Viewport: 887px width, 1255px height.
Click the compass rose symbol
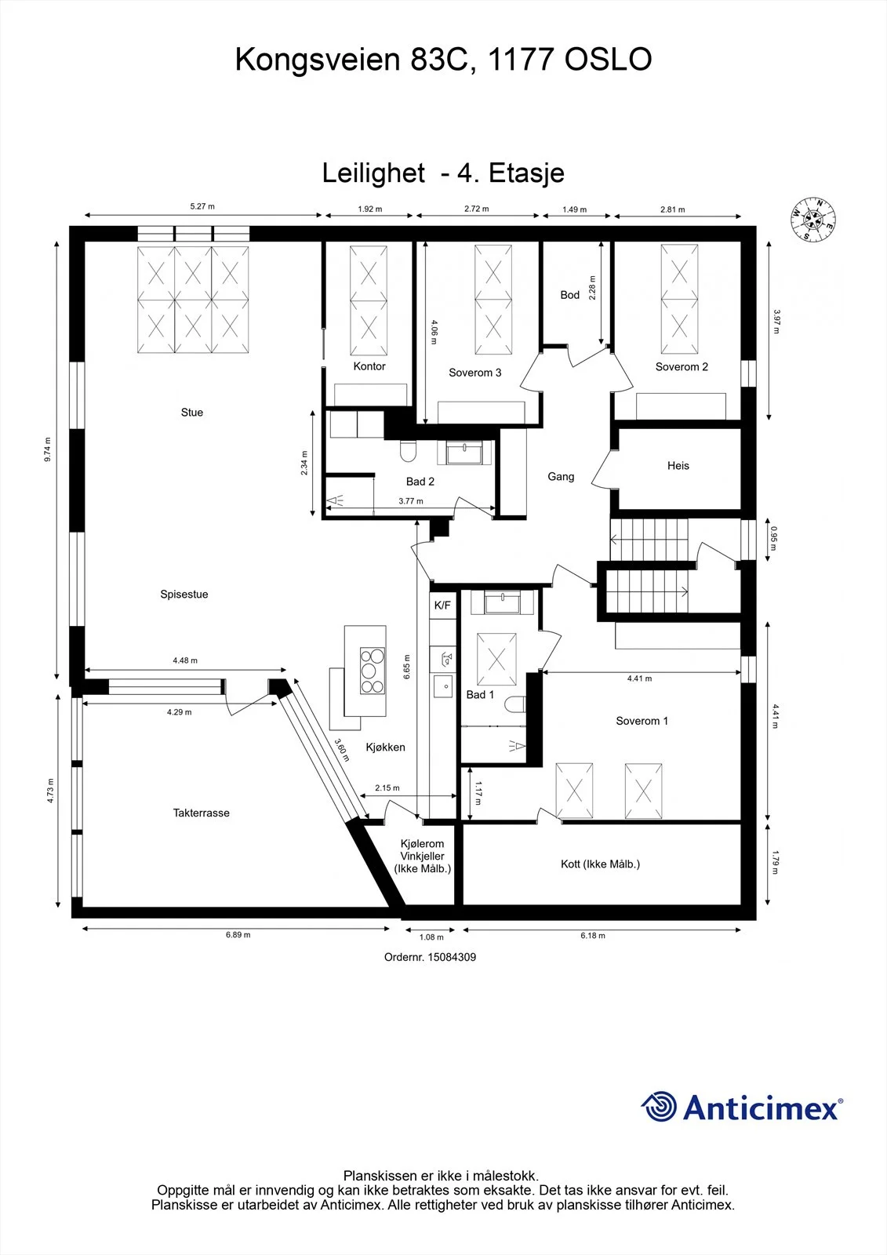[x=813, y=219]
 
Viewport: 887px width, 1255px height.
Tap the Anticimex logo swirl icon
[x=659, y=1107]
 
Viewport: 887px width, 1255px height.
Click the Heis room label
[x=678, y=466]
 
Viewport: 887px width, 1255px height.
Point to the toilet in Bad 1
[x=515, y=704]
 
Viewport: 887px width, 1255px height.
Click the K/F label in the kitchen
[x=442, y=605]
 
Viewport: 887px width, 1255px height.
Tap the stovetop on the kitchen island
[x=373, y=671]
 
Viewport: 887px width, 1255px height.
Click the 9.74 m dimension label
[x=48, y=449]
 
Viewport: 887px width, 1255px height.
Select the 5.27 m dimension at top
[x=202, y=206]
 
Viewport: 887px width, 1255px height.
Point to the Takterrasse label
[x=201, y=813]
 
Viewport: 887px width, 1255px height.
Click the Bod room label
[x=570, y=295]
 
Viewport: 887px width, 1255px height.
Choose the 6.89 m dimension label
[x=238, y=934]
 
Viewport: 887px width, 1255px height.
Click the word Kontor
[x=369, y=366]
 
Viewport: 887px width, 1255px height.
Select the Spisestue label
[x=184, y=594]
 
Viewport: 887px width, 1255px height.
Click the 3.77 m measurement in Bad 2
[x=411, y=501]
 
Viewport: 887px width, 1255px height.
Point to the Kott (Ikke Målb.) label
[x=600, y=864]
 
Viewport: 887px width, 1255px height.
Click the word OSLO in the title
[x=607, y=60]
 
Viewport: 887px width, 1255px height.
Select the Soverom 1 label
[x=642, y=721]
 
